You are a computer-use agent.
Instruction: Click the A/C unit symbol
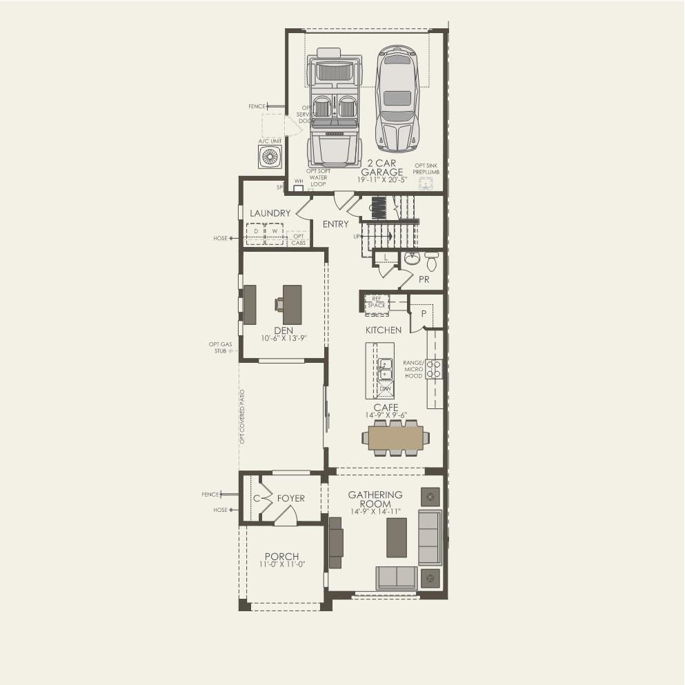click(x=270, y=157)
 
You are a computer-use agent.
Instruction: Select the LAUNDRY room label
click(x=270, y=214)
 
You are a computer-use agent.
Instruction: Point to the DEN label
click(x=284, y=331)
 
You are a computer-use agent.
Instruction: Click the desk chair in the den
click(x=279, y=304)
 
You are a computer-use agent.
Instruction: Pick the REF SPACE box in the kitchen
click(x=377, y=302)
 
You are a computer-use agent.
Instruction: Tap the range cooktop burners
click(x=434, y=369)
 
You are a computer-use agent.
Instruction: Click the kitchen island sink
click(x=384, y=369)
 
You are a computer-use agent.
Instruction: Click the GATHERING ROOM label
click(x=375, y=499)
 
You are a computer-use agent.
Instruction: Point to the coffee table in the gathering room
click(x=396, y=537)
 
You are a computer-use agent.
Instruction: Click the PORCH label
click(x=281, y=557)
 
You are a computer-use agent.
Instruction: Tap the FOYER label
click(x=290, y=499)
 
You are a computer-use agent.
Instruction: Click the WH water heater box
click(x=299, y=188)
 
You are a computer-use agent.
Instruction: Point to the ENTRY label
click(x=336, y=224)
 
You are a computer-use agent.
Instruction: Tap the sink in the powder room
click(x=412, y=258)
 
